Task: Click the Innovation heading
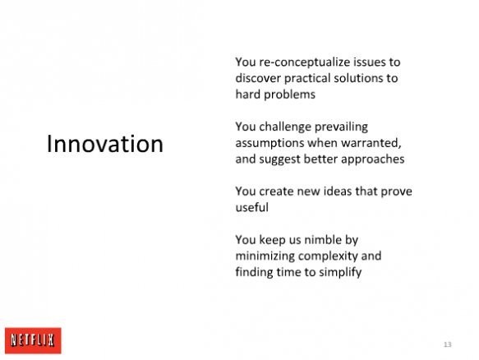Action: tap(105, 144)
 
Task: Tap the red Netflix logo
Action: tap(33, 340)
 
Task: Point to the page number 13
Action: tap(448, 344)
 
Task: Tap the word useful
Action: tap(252, 208)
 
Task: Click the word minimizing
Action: tap(265, 256)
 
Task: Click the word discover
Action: tap(258, 78)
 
